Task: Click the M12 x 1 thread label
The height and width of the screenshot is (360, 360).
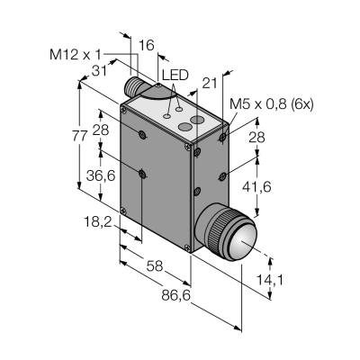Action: click(76, 55)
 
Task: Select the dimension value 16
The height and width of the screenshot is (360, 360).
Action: click(147, 45)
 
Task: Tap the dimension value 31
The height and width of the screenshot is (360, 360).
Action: click(99, 71)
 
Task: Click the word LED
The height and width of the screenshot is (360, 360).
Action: click(175, 76)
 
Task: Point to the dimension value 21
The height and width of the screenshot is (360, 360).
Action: click(210, 84)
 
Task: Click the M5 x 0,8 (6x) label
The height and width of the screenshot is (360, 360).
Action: click(272, 104)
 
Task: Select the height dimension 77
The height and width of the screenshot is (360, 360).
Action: click(79, 137)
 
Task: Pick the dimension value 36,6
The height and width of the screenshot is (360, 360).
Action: click(101, 175)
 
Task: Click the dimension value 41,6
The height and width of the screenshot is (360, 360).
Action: click(256, 187)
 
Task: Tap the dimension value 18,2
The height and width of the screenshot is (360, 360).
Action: click(97, 222)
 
